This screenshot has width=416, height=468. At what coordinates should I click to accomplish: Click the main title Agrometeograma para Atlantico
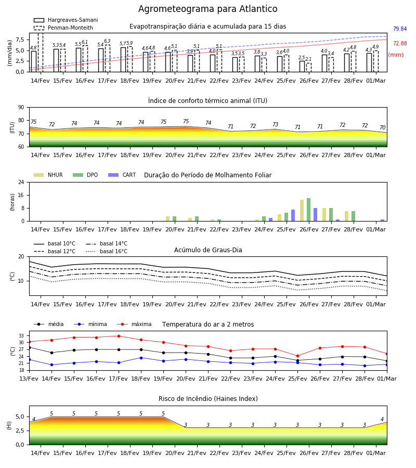pos(207,9)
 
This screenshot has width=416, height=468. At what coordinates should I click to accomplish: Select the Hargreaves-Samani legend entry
pos(66,20)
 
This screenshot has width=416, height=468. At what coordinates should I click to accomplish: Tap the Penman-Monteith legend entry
pos(63,28)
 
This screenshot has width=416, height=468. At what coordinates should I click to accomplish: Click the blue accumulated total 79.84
pos(400,29)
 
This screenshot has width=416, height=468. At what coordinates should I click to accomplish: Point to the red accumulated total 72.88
pos(400,43)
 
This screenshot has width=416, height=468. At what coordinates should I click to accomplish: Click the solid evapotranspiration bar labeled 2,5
pos(302,66)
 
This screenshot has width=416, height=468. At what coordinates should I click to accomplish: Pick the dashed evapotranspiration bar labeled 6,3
pos(108,58)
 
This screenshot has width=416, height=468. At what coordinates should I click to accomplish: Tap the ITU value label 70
pos(382,127)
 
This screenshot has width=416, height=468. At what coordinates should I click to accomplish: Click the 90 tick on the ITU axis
pos(21,108)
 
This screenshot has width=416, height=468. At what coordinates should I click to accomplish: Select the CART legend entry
pos(122,175)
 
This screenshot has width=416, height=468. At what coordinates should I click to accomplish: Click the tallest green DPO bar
pos(308,210)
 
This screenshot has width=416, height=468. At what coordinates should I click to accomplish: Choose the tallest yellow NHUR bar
pos(302,211)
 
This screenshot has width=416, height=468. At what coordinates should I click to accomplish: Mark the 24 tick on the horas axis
pos(21,182)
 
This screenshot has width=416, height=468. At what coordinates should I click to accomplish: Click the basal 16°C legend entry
pos(107,251)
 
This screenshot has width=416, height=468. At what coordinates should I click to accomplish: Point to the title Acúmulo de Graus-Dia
pos(208,250)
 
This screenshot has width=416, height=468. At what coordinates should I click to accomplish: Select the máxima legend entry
pos(134,324)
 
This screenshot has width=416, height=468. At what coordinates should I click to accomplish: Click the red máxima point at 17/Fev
pos(119,336)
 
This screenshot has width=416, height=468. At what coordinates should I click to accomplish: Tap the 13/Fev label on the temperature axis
pos(29,379)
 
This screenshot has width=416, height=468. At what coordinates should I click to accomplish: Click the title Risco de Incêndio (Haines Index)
pos(208,399)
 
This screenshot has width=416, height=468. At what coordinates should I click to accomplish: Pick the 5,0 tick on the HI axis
pos(20,417)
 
